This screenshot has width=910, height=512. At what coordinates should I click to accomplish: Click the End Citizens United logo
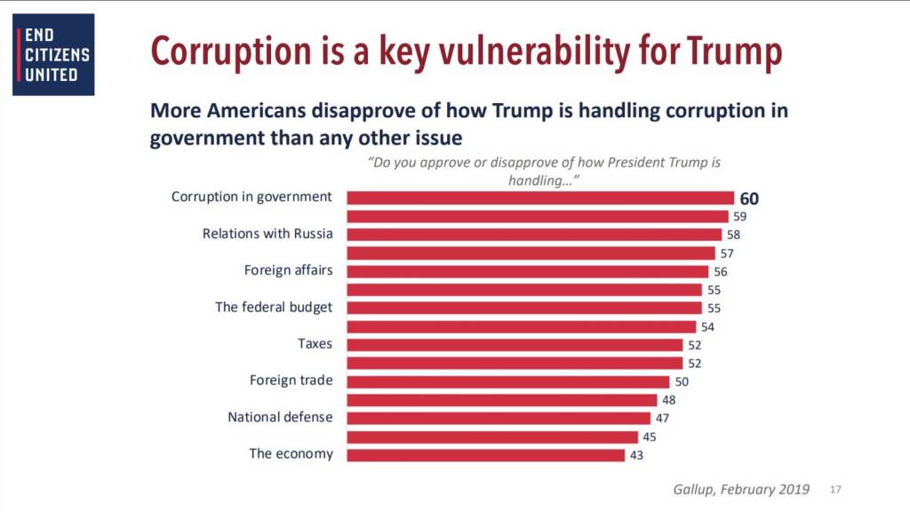tap(53, 54)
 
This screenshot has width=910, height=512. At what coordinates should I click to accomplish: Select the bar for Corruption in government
tap(539, 197)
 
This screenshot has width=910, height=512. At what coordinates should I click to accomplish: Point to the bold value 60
tap(749, 198)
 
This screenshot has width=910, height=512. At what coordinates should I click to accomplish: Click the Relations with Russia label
tap(267, 234)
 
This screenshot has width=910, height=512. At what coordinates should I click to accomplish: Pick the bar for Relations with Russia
tap(533, 235)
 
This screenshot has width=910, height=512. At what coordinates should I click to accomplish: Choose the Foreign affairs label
tap(288, 270)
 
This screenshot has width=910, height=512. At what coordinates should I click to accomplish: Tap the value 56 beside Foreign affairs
tap(721, 271)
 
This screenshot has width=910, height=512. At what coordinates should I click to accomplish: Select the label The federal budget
tap(274, 307)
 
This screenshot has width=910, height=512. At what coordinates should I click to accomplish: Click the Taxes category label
tap(315, 343)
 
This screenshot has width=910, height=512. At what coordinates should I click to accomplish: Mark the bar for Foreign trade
tap(507, 381)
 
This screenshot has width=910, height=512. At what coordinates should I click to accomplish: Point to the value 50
tap(682, 381)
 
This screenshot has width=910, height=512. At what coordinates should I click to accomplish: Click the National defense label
tap(280, 417)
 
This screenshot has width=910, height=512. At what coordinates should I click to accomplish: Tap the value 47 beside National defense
tap(663, 418)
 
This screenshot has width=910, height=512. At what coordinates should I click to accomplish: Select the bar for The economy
tap(485, 454)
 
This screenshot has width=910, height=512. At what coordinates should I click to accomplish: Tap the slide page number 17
tap(835, 489)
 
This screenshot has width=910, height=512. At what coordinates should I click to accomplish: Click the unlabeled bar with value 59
tap(537, 216)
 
